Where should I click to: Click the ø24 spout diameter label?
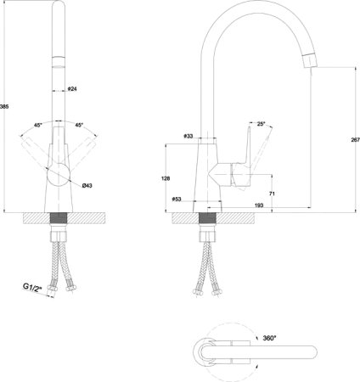[72, 89]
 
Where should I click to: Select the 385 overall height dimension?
[4, 107]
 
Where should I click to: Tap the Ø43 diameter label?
[87, 186]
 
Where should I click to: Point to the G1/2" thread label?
[32, 287]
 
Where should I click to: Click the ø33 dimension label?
[188, 136]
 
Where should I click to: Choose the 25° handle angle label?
[262, 124]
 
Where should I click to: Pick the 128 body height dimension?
[166, 178]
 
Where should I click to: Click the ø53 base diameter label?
[177, 199]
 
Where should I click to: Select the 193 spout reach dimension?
[259, 205]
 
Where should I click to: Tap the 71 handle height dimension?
[272, 194]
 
